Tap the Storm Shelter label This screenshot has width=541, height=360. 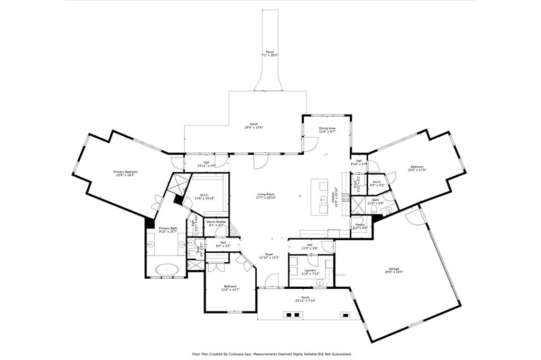pyautogui.click(x=216, y=222)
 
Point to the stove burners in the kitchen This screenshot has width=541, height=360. pyautogui.click(x=347, y=198)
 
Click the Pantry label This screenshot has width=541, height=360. pyautogui.click(x=359, y=225)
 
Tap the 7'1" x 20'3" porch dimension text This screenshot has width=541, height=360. pyautogui.click(x=269, y=55)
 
